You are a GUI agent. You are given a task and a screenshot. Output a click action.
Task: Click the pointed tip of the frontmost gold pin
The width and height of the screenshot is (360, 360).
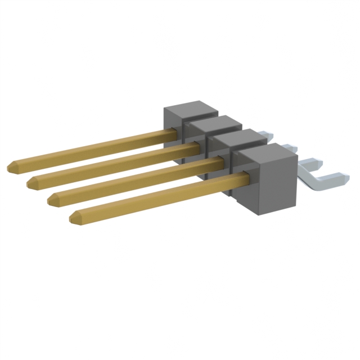tap(73, 217)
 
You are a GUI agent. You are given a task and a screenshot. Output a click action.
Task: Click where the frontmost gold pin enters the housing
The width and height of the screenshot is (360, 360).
tap(246, 179)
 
